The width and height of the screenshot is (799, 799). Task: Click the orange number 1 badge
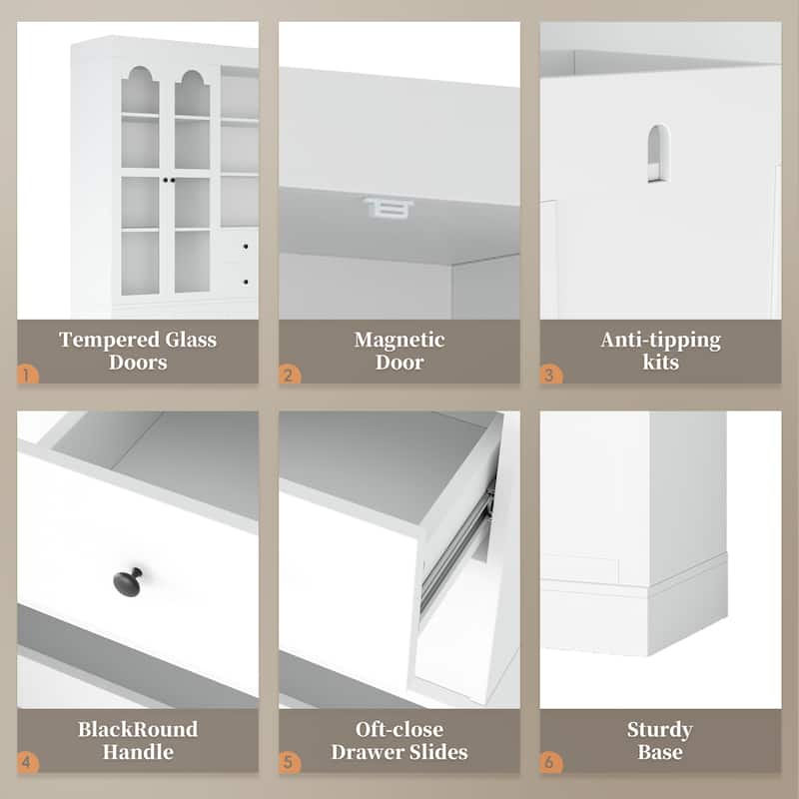tap(28, 376)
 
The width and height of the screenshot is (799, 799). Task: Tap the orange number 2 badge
tap(290, 376)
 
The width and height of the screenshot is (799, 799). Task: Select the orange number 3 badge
tap(551, 376)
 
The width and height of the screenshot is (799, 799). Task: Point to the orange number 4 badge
tap(28, 763)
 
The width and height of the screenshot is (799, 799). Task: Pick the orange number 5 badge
tap(290, 763)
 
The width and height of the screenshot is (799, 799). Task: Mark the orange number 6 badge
tap(551, 763)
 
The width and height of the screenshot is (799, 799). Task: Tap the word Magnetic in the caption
tap(399, 340)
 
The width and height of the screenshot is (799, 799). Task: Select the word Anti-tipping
tap(660, 340)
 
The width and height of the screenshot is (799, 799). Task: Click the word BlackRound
tap(138, 729)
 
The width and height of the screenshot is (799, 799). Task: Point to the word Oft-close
tap(399, 729)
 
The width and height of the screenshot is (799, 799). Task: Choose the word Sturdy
tap(660, 730)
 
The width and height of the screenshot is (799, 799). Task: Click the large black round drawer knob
tap(128, 581)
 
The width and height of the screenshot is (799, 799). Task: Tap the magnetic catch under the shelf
tap(389, 208)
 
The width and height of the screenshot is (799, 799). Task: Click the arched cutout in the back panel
tap(658, 154)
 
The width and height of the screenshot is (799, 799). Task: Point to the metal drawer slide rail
tap(456, 545)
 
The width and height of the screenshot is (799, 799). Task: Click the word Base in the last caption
tap(660, 752)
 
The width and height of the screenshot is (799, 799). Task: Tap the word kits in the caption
tap(660, 363)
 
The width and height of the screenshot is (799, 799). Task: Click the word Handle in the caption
tap(138, 752)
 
